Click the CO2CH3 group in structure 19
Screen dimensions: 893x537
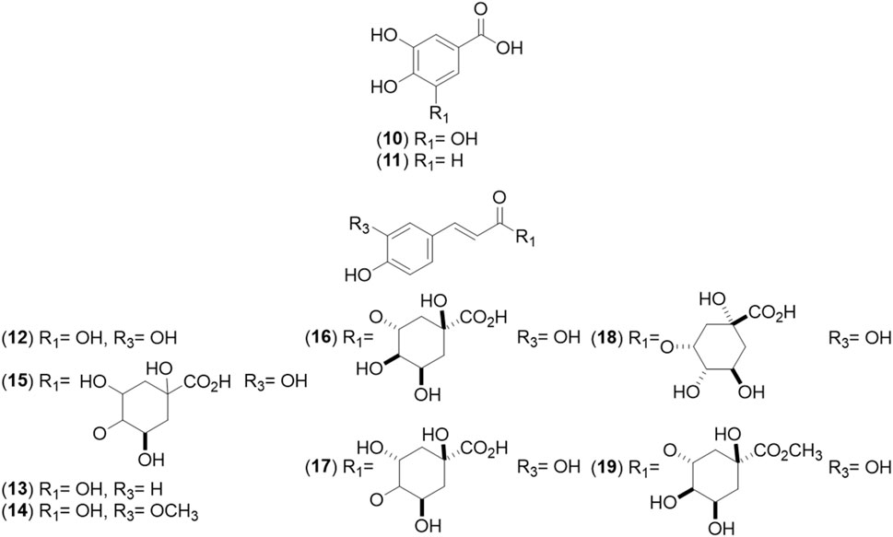click(786, 450)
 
